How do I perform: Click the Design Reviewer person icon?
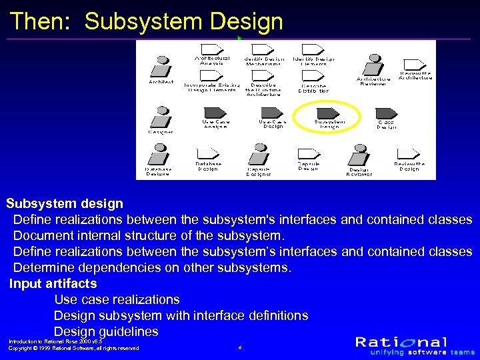359,155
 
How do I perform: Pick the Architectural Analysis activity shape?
212,49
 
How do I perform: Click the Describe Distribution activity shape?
313,77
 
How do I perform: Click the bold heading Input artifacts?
53,284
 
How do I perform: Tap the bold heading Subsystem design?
65,203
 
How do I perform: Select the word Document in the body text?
43,235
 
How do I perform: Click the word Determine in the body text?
45,267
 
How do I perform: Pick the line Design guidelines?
106,331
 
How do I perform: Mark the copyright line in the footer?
73,348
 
